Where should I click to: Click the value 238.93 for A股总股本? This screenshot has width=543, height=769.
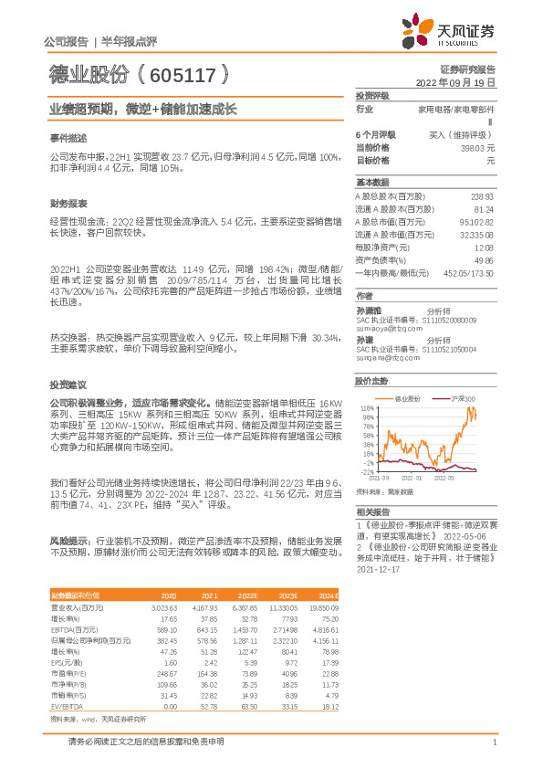coord(482,196)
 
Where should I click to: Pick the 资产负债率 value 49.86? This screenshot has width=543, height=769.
coord(484,259)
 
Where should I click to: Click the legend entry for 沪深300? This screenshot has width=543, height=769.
coord(463,399)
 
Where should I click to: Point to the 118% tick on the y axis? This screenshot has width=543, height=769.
coord(368,408)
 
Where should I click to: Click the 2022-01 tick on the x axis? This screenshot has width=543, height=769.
coord(411,477)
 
